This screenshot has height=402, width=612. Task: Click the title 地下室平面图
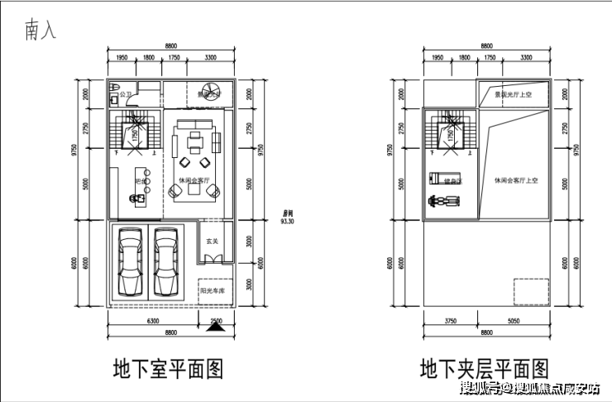point(168,367)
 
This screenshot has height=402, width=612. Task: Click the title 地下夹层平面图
point(484,367)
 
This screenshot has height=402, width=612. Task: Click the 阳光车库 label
point(213,290)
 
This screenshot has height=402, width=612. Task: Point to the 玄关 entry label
point(212,242)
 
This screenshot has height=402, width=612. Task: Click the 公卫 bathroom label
point(126,95)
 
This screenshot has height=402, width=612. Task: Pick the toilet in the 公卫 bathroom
point(115,90)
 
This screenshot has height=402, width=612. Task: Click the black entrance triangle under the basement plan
point(216,326)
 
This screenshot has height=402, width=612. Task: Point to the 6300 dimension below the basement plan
point(152,321)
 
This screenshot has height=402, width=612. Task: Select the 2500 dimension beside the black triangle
point(216,320)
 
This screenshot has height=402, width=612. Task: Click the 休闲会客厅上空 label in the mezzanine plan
point(517,180)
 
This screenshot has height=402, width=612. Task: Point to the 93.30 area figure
point(289,222)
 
